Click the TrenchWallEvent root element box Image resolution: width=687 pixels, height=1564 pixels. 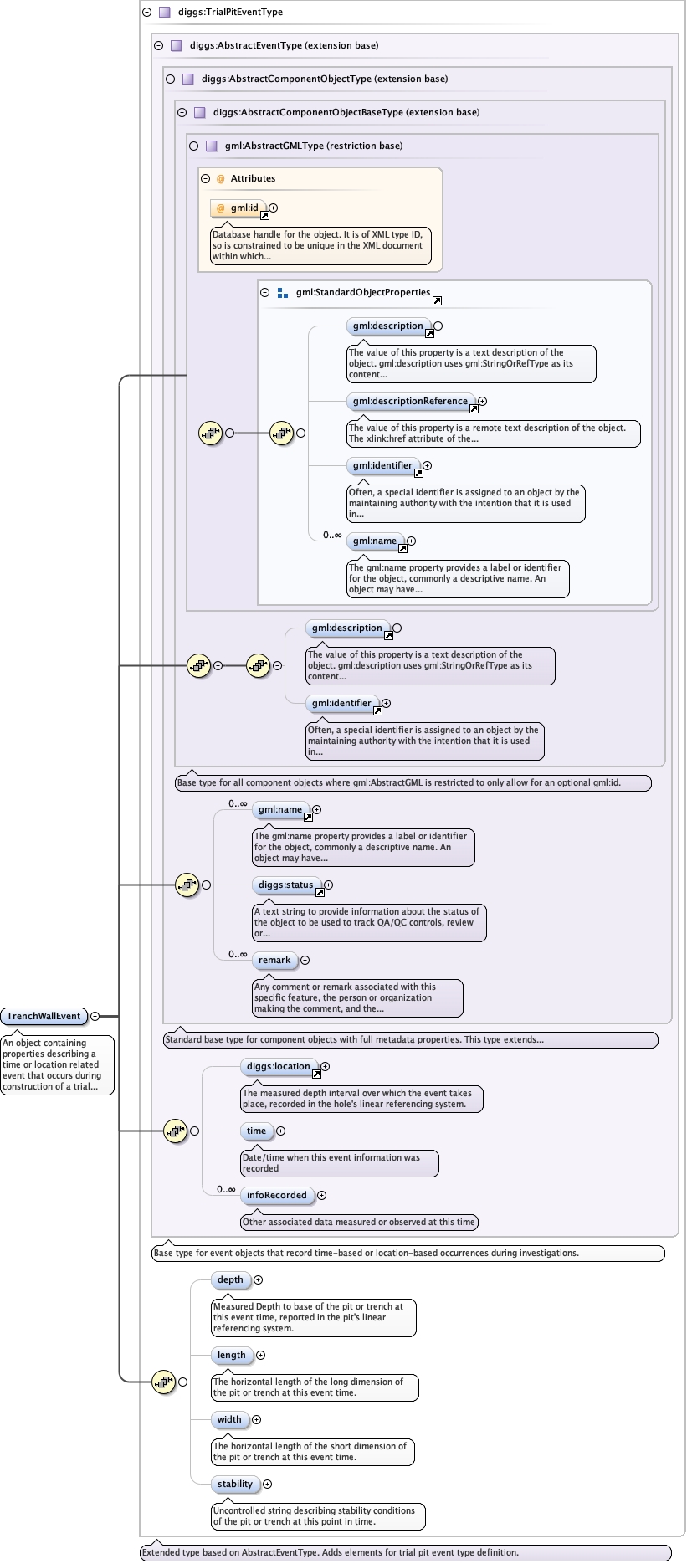(44, 1016)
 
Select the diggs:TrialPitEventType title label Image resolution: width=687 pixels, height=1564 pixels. (230, 13)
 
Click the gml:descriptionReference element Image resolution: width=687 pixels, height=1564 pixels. (410, 402)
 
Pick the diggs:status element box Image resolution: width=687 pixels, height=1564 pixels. (286, 885)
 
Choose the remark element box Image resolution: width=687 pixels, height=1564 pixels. (274, 961)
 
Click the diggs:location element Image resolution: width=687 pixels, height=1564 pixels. (278, 1067)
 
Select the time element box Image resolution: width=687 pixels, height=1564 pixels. (256, 1131)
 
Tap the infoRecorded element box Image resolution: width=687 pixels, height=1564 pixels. (277, 1196)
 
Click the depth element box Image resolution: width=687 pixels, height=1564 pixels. (230, 1280)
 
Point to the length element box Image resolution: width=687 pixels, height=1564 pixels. (232, 1356)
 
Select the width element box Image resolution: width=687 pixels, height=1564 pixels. (229, 1420)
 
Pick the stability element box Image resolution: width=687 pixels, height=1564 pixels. (235, 1485)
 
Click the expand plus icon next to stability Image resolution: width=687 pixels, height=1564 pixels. (268, 1485)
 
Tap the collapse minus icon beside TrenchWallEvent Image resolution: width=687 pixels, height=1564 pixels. (95, 1016)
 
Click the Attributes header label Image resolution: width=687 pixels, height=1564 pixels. (253, 178)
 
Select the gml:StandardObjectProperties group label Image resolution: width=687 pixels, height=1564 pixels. (363, 293)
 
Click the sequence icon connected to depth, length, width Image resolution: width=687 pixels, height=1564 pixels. (163, 1382)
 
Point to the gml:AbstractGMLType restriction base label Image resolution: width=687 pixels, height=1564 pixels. (314, 146)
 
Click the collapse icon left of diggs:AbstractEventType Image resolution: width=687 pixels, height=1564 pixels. (158, 46)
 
